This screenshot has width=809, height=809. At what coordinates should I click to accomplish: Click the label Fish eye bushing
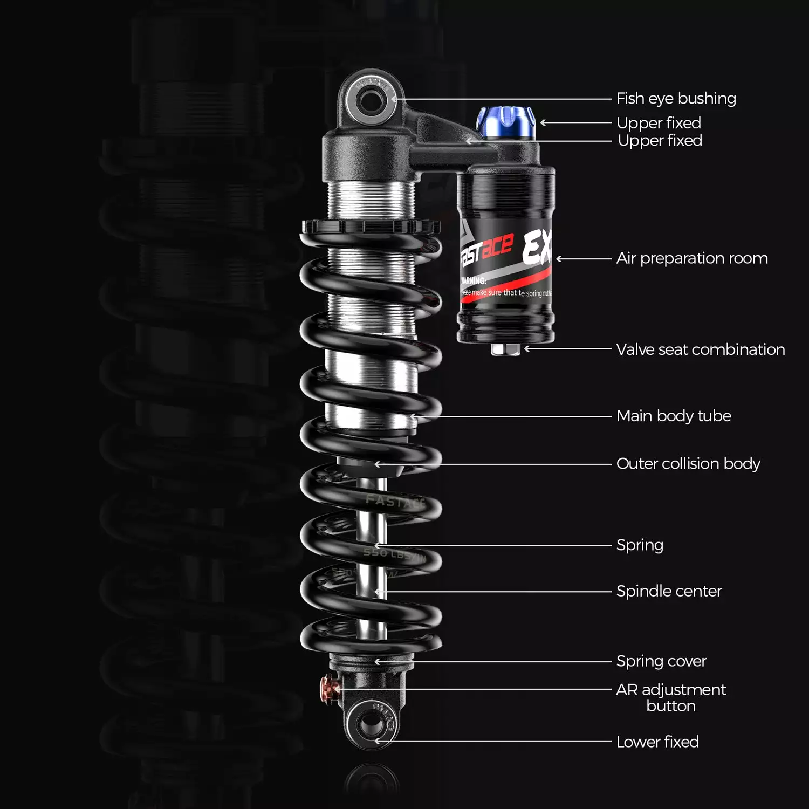[x=676, y=99]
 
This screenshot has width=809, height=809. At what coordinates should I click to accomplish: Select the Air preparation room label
[x=691, y=258]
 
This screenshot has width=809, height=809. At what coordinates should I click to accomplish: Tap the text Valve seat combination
[x=700, y=349]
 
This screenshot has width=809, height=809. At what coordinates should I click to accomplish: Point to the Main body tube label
[x=673, y=416]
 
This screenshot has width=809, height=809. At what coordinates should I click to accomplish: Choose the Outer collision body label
[x=688, y=464]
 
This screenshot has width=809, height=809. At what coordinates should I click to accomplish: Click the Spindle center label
[x=668, y=591]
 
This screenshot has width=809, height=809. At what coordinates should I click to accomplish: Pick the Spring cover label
[x=661, y=661]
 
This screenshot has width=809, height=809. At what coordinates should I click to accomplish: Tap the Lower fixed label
[x=657, y=742]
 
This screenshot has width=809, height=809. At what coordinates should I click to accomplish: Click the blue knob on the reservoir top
[x=505, y=122]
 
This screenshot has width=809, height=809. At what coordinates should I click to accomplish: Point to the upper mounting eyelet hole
[x=369, y=101]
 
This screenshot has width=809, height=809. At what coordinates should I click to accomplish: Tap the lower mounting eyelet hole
[x=371, y=723]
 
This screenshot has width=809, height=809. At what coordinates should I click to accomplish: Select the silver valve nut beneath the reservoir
[x=505, y=349]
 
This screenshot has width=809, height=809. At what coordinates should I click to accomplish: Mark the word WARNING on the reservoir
[x=474, y=280]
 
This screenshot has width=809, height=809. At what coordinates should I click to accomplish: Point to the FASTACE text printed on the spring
[x=395, y=502]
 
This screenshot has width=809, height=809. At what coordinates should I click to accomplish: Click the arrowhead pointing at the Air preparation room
[x=560, y=259]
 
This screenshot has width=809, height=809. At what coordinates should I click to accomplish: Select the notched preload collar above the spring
[x=369, y=226]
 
